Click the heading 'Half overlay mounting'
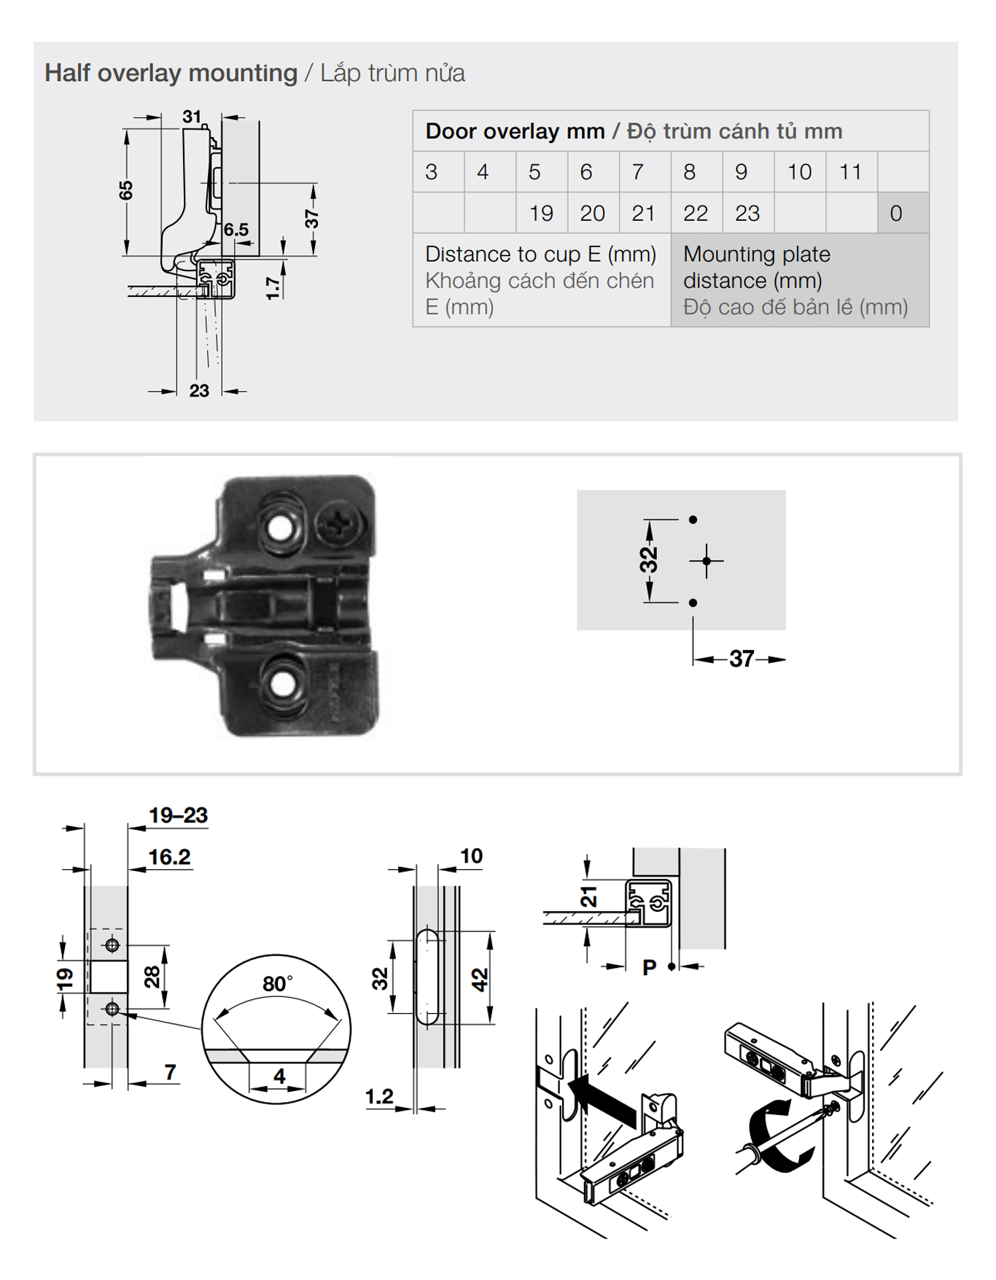pyautogui.click(x=171, y=73)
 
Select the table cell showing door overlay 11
pyautogui.click(x=851, y=172)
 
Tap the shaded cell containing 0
pyautogui.click(x=903, y=213)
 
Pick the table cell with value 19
pyautogui.click(x=542, y=213)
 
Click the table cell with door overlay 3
pyautogui.click(x=438, y=172)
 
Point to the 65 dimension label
pyautogui.click(x=126, y=190)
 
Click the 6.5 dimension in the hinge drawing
pyautogui.click(x=236, y=230)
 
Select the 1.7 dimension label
pyautogui.click(x=273, y=287)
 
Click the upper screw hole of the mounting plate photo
pyautogui.click(x=279, y=527)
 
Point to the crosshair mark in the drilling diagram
pyautogui.click(x=707, y=561)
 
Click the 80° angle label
pyautogui.click(x=278, y=984)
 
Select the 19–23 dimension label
pyautogui.click(x=178, y=815)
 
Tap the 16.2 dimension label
pyautogui.click(x=169, y=857)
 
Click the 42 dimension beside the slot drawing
pyautogui.click(x=479, y=979)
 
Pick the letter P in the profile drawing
pyautogui.click(x=649, y=967)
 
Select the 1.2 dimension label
pyautogui.click(x=379, y=1096)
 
